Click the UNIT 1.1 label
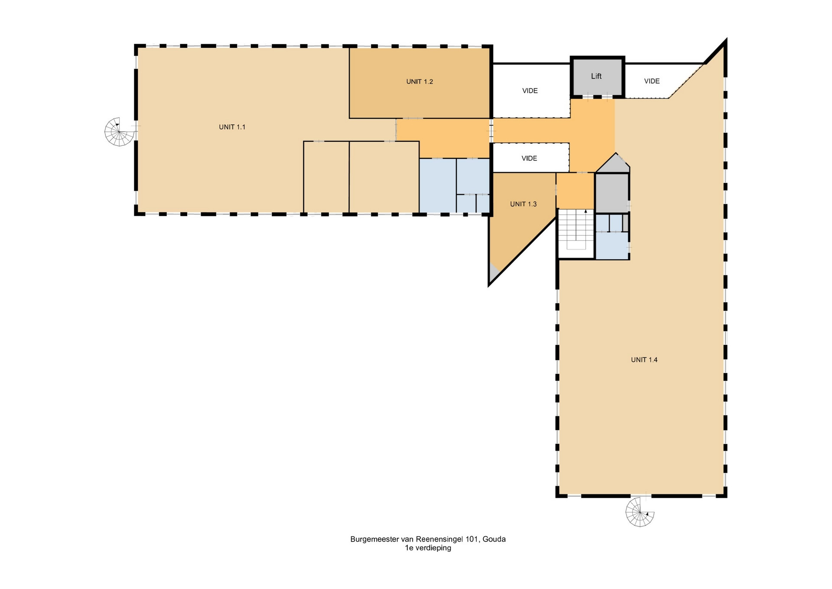(232, 127)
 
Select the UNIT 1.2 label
(419, 82)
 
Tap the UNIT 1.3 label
(523, 204)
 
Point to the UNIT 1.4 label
(644, 360)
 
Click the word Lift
(596, 76)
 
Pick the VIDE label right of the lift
(652, 81)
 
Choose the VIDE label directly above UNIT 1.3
(529, 158)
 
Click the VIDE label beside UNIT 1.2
(530, 91)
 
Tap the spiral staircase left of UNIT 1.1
(120, 131)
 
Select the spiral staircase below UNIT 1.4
(640, 512)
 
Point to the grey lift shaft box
(597, 76)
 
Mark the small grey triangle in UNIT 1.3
(494, 273)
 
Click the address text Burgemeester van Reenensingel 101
(414, 539)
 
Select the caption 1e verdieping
(428, 548)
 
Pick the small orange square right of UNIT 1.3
(575, 190)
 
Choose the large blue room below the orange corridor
(438, 186)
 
